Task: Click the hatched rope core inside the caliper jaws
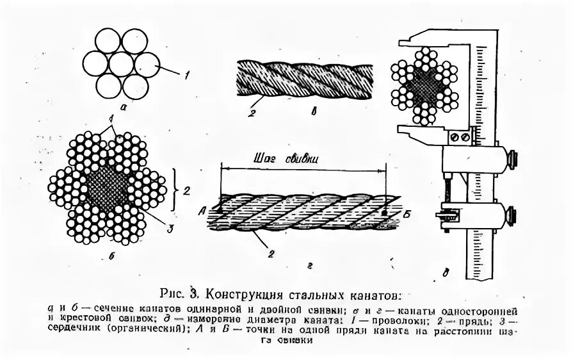[x=425, y=83]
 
